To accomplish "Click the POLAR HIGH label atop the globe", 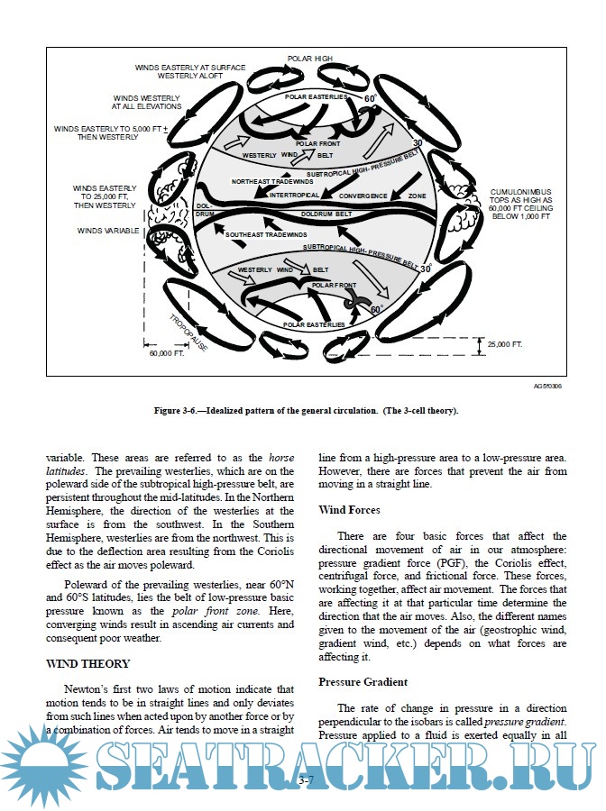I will tap(310, 59).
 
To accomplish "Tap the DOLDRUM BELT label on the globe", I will tap(326, 214).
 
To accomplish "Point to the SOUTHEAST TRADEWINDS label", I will tap(262, 234).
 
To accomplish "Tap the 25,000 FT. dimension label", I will tap(504, 343).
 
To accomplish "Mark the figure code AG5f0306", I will tap(548, 385).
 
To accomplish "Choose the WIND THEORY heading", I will tap(87, 663).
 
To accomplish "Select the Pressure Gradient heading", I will tap(363, 682).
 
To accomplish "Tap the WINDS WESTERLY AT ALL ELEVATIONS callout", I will tap(147, 101).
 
